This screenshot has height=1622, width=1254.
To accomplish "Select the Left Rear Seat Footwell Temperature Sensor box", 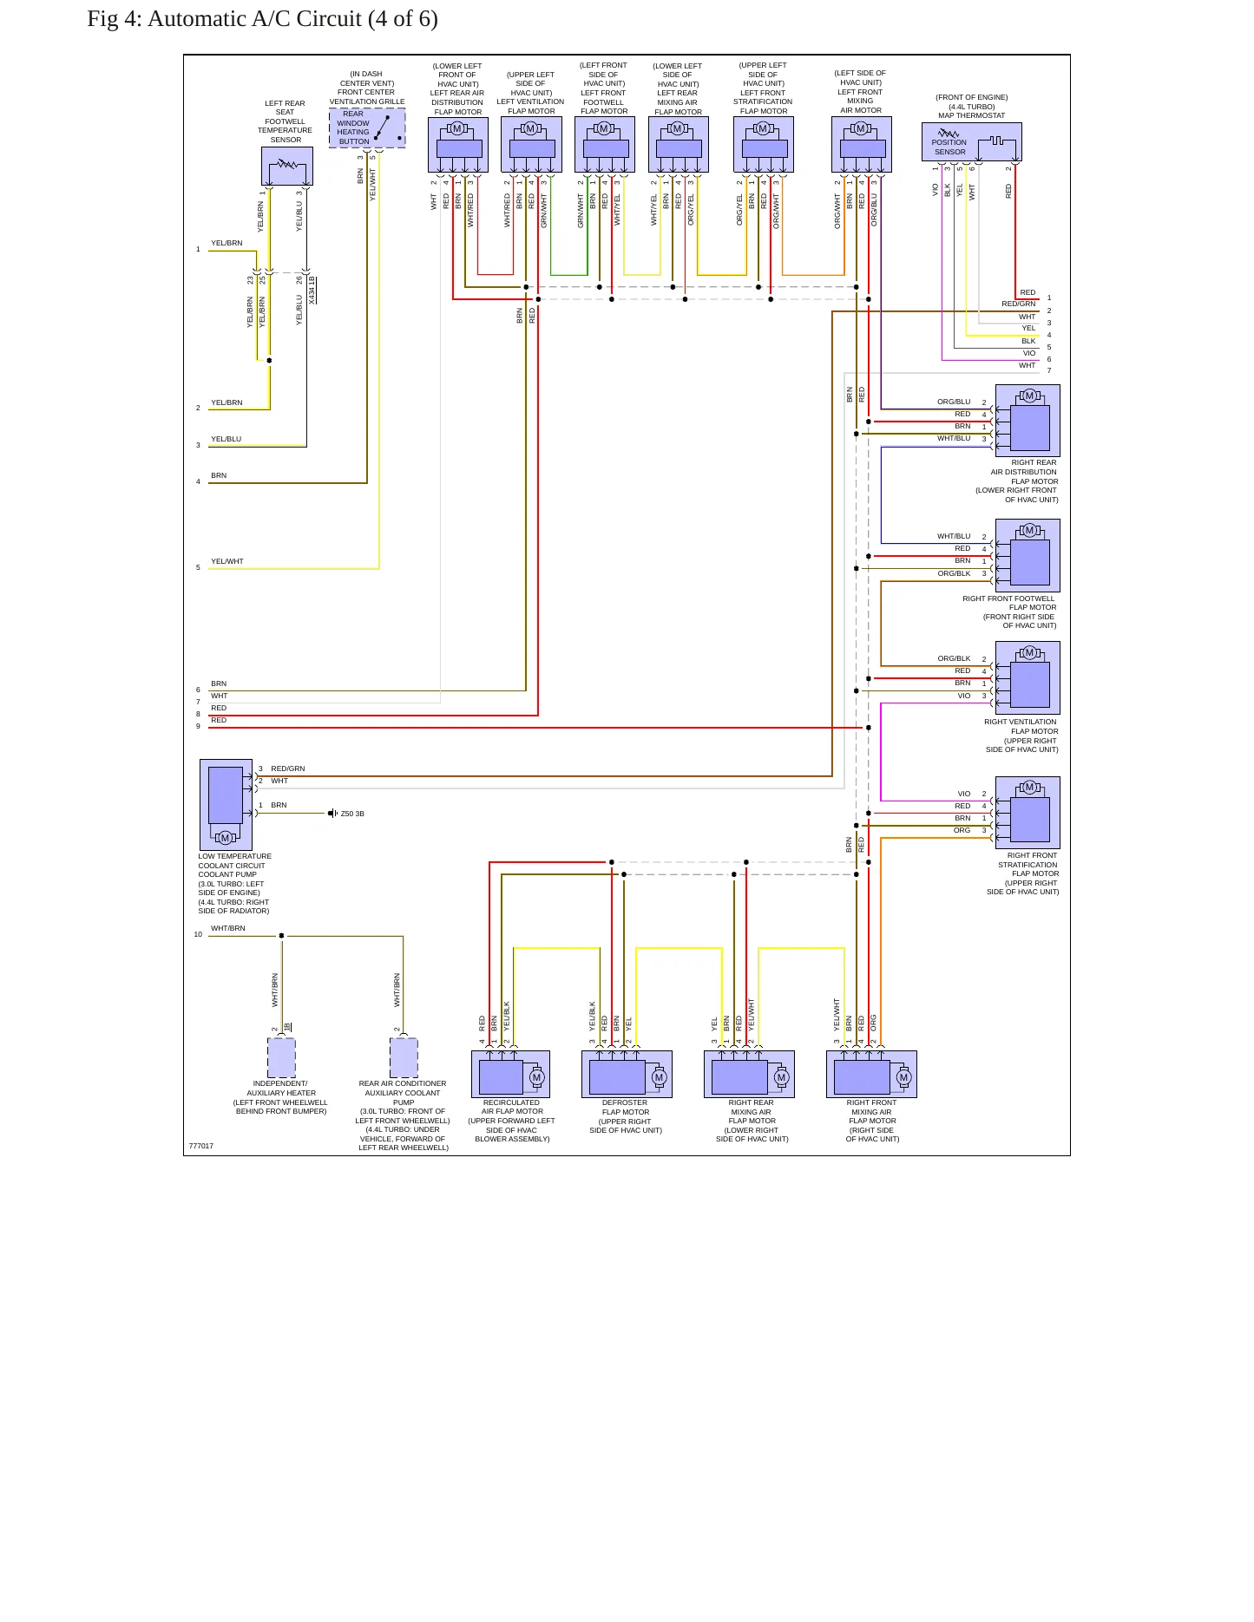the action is point(287,166).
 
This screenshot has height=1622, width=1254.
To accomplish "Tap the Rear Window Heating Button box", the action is point(367,128).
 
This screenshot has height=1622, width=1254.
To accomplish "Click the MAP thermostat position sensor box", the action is point(971,142).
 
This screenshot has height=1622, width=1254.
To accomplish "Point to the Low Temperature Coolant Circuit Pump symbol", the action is point(226,805).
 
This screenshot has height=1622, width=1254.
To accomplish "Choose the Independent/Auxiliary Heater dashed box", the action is point(281,1058).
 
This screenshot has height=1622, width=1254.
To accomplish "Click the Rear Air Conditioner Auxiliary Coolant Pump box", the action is point(404,1058).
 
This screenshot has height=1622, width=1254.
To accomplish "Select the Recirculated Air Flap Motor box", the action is point(510,1074).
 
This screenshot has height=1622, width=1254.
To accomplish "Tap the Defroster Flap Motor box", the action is point(627,1074).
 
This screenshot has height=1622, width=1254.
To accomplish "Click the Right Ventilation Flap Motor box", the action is point(1027,678).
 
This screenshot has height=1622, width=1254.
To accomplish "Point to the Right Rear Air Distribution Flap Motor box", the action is point(1027,421).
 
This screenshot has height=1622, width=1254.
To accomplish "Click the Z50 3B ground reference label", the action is point(352,814).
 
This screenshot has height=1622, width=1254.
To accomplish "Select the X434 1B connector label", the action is point(312,290).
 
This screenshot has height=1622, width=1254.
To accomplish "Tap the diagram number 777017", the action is point(201,1146).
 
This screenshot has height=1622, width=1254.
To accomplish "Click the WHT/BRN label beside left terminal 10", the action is point(228,928).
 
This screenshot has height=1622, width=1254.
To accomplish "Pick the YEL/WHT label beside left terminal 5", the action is point(227,561).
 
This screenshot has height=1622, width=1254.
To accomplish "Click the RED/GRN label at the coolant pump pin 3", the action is point(288,768).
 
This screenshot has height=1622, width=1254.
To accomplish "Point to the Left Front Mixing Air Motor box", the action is point(862,145).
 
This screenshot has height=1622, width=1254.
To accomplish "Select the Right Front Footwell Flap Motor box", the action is point(1027,555).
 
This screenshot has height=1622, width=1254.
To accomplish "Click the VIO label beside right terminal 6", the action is point(1029,353).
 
